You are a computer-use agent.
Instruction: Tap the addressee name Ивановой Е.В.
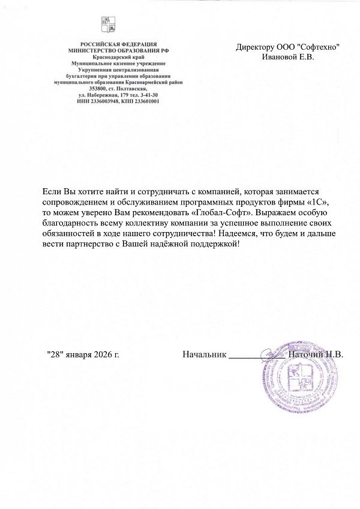(x=288, y=57)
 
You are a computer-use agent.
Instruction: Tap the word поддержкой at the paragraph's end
(x=214, y=245)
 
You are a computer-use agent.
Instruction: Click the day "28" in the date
(x=55, y=354)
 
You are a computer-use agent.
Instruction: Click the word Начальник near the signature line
(x=204, y=354)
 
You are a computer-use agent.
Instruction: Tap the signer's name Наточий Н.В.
(x=316, y=354)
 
